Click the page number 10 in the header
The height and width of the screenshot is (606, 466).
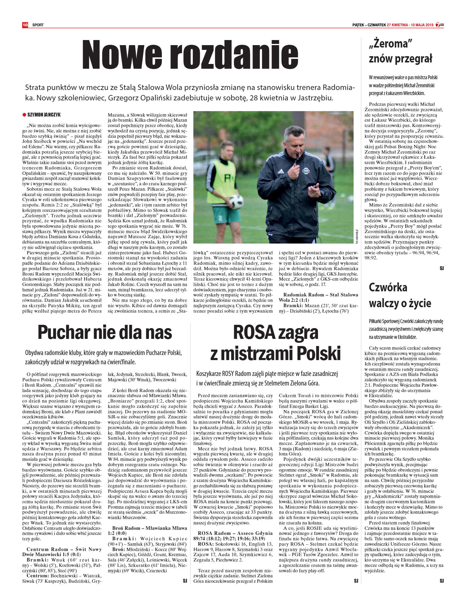25,25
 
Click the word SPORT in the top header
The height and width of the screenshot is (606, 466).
38,25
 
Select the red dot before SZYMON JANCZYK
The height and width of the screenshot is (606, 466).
24,114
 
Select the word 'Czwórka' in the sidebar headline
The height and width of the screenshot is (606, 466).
388,287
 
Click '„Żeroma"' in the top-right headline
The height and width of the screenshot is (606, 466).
389,44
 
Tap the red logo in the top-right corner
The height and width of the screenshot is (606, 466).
439,25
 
